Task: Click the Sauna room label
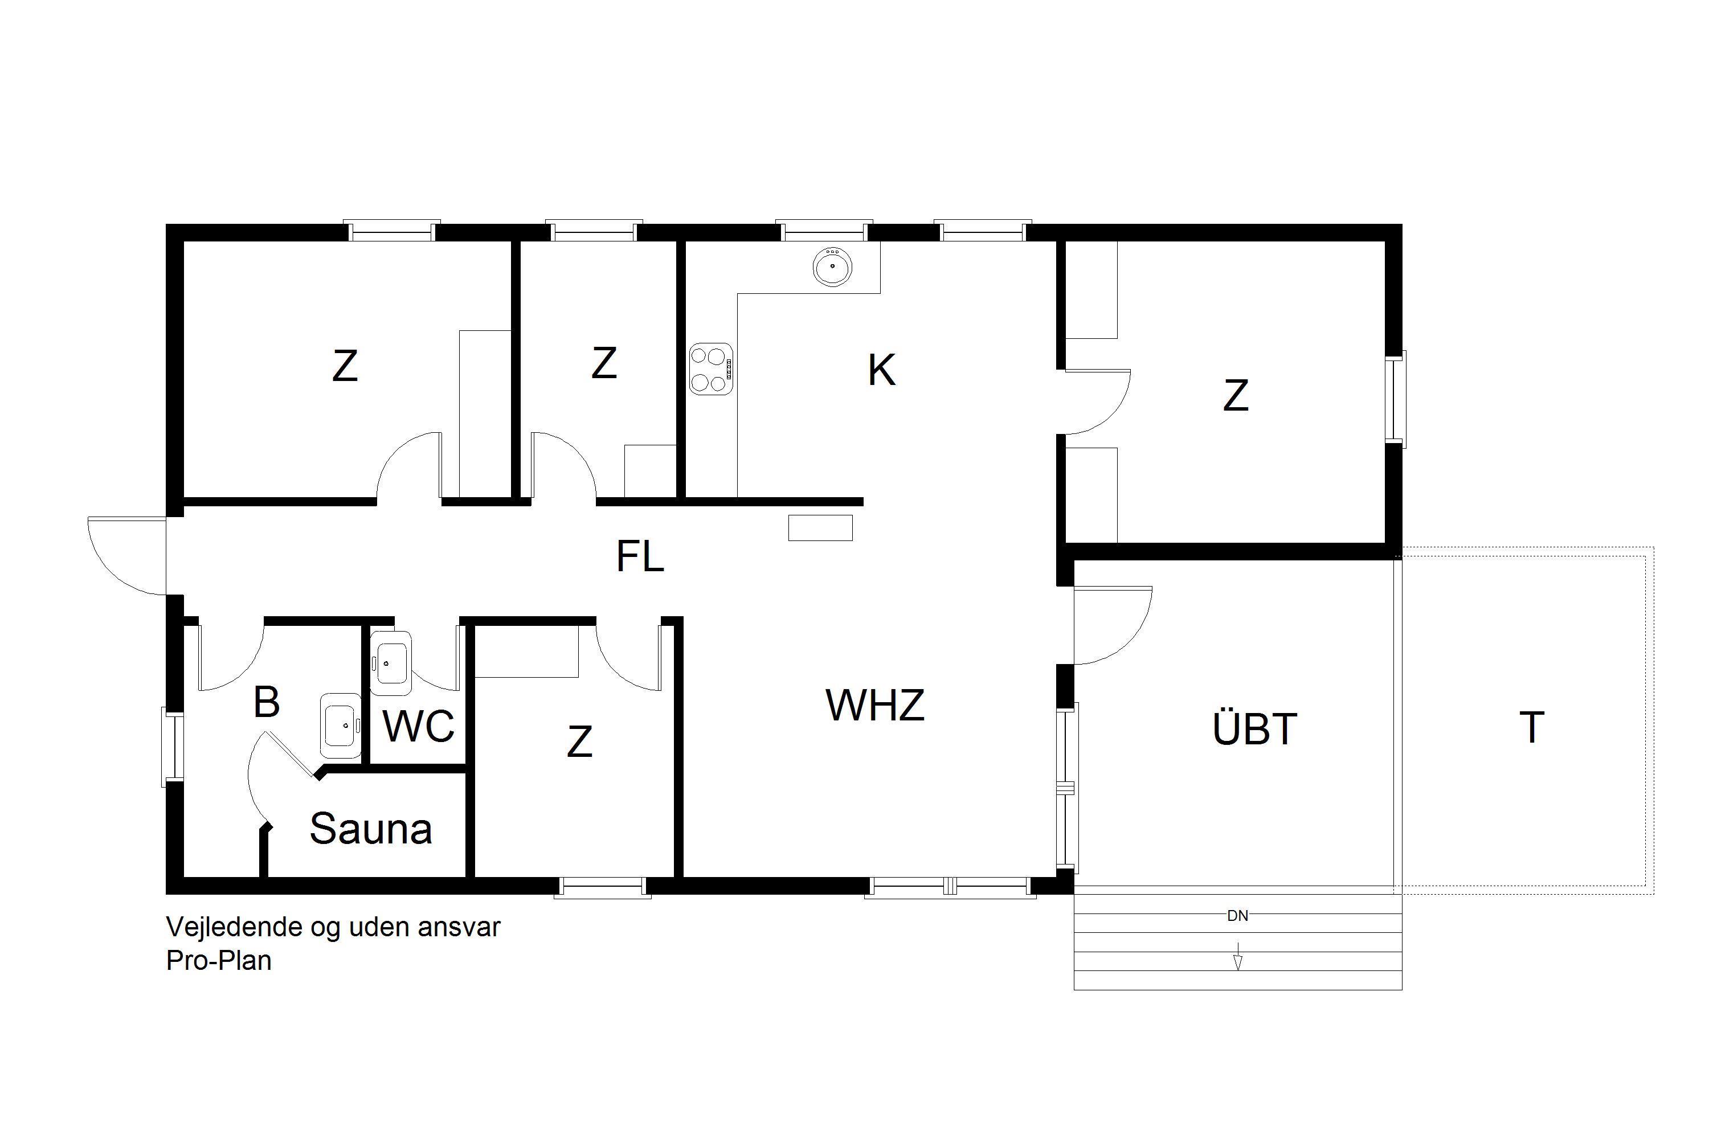coord(371,829)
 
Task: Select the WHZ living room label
coord(875,704)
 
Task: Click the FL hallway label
coord(640,556)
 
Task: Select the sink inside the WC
coord(391,662)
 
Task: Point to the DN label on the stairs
coord(1237,916)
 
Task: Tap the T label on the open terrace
coord(1532,727)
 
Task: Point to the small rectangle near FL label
coord(820,528)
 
